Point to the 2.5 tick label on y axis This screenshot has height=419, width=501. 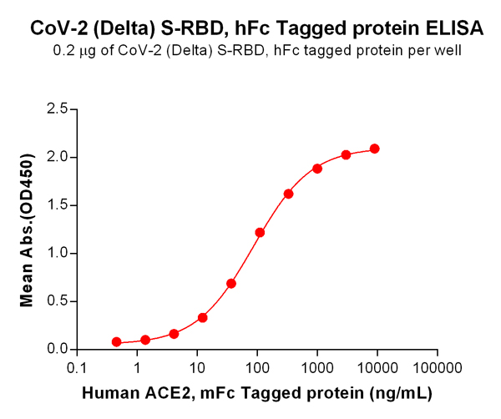tap(58, 109)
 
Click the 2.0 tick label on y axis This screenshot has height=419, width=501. tap(58, 157)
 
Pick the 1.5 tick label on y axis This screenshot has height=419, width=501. tap(58, 204)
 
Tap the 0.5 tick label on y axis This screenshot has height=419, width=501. tap(58, 300)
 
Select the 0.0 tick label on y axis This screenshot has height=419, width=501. tap(58, 349)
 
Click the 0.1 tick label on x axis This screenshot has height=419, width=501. tap(77, 366)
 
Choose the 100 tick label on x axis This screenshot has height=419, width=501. tap(257, 366)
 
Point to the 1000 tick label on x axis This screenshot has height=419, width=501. tap(317, 366)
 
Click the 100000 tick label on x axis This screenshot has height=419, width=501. tap(438, 366)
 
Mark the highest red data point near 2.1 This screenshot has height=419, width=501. tap(375, 149)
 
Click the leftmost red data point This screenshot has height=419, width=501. tap(116, 342)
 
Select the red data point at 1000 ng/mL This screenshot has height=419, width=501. tap(317, 168)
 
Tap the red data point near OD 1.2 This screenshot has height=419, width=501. tap(260, 232)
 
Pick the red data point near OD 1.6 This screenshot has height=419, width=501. tap(288, 194)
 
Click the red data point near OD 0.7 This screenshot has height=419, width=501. tap(231, 283)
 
